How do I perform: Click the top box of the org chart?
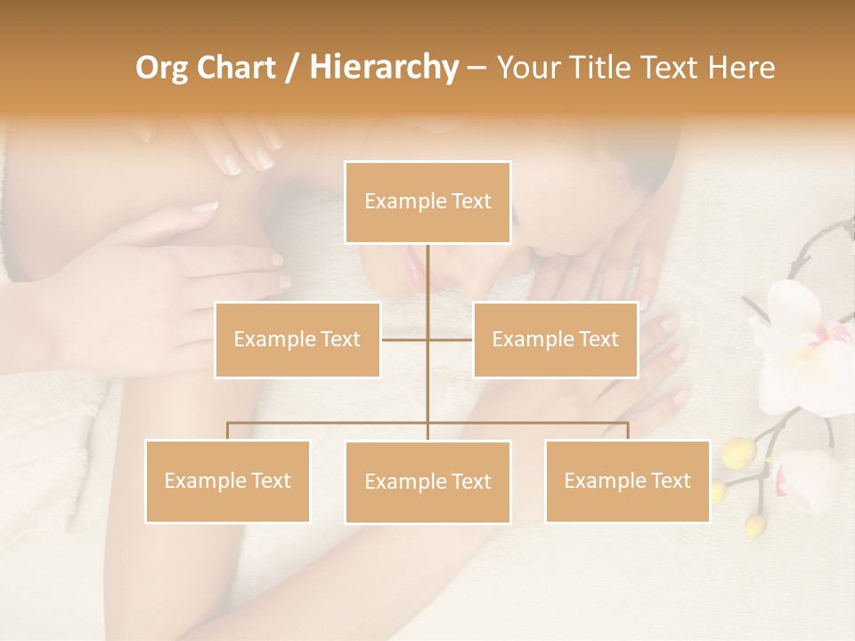427,202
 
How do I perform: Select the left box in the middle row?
297,339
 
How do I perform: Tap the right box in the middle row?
555,339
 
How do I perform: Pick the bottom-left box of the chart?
227,481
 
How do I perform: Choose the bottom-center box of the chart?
427,482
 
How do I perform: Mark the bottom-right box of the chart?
627,481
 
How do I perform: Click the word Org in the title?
162,68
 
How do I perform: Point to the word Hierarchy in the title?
383,68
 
